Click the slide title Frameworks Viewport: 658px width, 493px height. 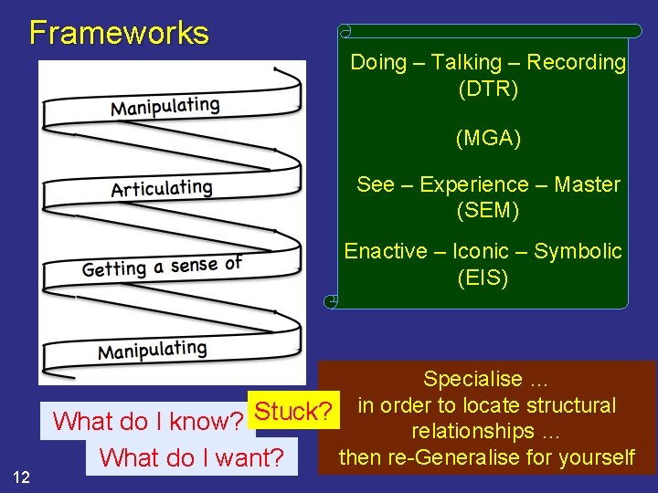[x=119, y=33]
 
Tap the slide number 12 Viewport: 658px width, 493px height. [x=23, y=476]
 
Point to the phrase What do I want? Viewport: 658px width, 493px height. [x=192, y=456]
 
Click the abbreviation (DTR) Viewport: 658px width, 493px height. [x=488, y=89]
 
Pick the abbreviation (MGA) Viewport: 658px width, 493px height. [x=488, y=139]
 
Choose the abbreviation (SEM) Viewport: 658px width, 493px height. [x=488, y=210]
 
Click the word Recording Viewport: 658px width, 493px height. [x=577, y=62]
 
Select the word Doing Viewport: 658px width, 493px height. [x=377, y=62]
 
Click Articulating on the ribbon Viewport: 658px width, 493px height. [x=162, y=189]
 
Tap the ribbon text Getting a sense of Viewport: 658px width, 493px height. [x=162, y=267]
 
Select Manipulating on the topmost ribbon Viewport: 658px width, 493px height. [x=165, y=106]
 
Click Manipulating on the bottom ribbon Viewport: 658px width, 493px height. [x=153, y=351]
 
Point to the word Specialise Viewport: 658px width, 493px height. [x=472, y=379]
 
